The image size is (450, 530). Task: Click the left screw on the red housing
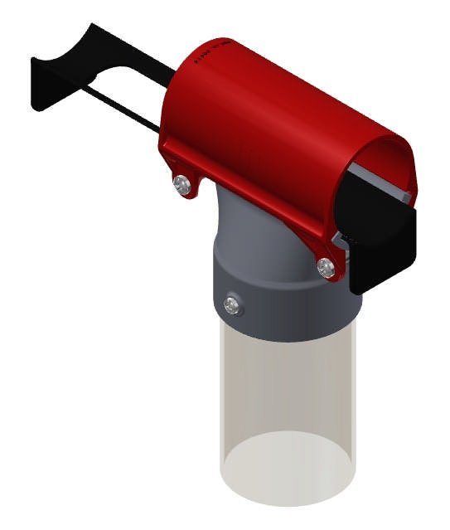(180, 182)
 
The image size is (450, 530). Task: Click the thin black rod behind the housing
(124, 107)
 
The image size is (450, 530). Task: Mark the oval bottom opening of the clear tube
(286, 469)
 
